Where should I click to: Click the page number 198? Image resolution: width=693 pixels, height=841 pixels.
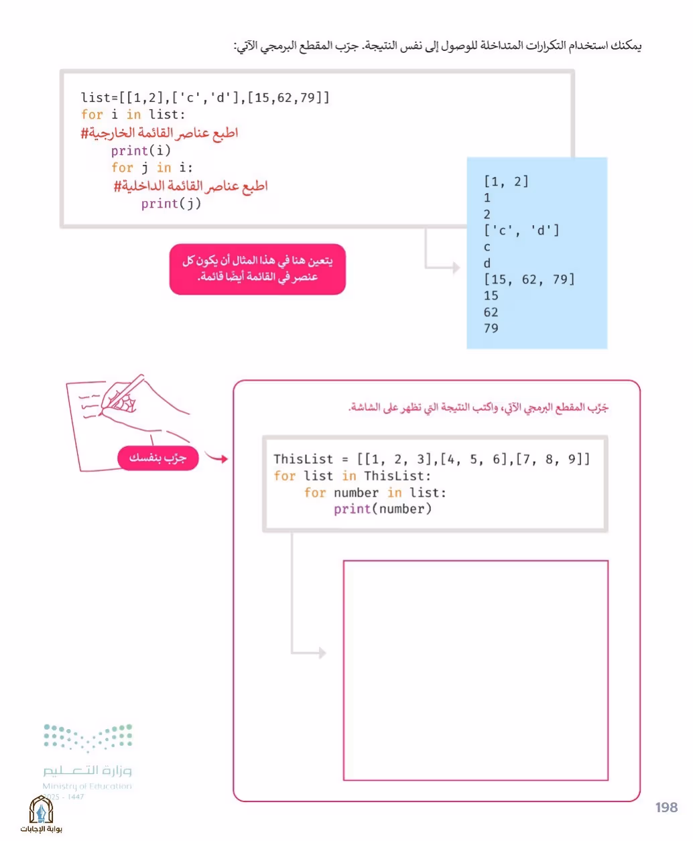(x=666, y=807)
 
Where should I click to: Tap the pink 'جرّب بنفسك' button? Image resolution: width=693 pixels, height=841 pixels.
(x=158, y=458)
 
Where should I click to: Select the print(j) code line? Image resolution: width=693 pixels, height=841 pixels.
(x=171, y=204)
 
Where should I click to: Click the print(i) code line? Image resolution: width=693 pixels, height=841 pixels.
(x=141, y=151)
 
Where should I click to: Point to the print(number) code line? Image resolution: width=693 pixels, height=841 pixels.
(x=383, y=509)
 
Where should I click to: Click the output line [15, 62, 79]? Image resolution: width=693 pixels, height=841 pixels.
(x=529, y=279)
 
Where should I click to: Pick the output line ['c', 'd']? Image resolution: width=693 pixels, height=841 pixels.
(x=521, y=231)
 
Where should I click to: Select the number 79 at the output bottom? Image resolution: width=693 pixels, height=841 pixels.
(x=491, y=328)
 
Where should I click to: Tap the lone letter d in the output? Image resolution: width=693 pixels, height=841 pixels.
(x=487, y=263)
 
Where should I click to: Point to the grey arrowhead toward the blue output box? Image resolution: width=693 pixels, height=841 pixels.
(x=456, y=267)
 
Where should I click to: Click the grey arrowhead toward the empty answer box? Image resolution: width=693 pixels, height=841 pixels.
(x=322, y=653)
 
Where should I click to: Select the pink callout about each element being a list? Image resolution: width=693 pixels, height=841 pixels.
(x=257, y=269)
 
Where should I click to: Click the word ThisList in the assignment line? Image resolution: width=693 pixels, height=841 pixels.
(x=304, y=459)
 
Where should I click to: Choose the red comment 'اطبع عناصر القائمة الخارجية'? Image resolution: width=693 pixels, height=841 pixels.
(x=160, y=133)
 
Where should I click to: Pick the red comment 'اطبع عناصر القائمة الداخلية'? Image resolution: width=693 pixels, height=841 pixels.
(x=190, y=186)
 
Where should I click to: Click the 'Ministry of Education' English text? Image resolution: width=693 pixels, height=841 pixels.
(x=87, y=786)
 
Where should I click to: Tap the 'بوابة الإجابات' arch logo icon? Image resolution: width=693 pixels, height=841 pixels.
(x=41, y=810)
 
